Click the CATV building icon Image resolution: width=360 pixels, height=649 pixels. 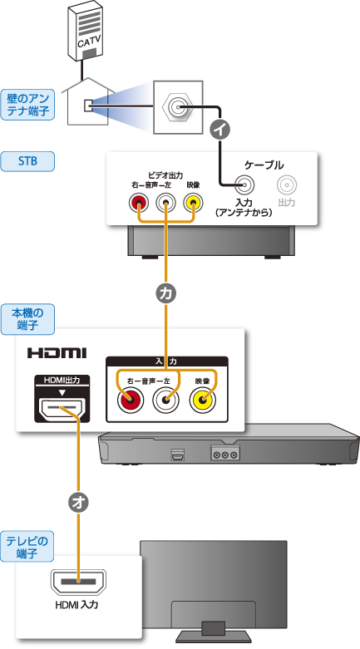[86, 31]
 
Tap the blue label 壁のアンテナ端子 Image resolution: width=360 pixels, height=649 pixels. [27, 105]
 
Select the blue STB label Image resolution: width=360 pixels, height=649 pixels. [27, 161]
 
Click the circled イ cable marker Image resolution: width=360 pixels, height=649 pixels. [220, 130]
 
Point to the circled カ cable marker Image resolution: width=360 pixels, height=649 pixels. [165, 293]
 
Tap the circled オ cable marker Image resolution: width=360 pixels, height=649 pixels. [78, 502]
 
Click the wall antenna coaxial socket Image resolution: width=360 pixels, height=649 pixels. [178, 107]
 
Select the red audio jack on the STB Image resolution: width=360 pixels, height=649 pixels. [138, 203]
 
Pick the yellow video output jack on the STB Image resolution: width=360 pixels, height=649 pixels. [193, 203]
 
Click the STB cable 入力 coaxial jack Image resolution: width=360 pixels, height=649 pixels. [244, 184]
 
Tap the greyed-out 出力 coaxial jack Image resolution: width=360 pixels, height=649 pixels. [287, 184]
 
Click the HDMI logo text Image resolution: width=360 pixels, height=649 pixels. [57, 353]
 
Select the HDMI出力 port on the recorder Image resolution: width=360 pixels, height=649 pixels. [62, 408]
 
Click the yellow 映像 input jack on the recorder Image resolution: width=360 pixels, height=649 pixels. [203, 401]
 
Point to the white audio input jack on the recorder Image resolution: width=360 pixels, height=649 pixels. [166, 401]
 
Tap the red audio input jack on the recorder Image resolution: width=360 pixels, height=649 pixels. [130, 401]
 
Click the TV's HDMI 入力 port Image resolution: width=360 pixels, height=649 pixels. [78, 582]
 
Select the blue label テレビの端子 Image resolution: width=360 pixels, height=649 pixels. [27, 546]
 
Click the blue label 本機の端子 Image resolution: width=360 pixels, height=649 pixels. [27, 319]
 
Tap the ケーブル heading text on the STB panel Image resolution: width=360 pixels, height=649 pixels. [264, 165]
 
